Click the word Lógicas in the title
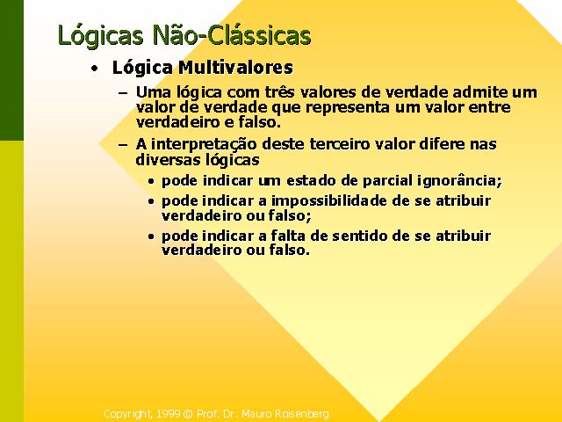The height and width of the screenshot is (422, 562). [100, 36]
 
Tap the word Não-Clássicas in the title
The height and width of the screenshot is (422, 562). [232, 34]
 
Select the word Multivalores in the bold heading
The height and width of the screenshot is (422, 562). [236, 67]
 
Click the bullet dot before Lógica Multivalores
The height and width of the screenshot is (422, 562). [94, 69]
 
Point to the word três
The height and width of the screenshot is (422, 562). [279, 92]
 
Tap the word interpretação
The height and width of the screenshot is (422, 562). [204, 144]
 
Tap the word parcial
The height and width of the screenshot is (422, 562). [387, 180]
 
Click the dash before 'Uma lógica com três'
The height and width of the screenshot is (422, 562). [123, 93]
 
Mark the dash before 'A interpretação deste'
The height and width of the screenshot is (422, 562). [123, 145]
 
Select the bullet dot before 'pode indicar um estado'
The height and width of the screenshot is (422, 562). [151, 182]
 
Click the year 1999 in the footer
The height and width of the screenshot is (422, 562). [168, 414]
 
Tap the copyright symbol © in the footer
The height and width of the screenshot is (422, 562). [188, 414]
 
